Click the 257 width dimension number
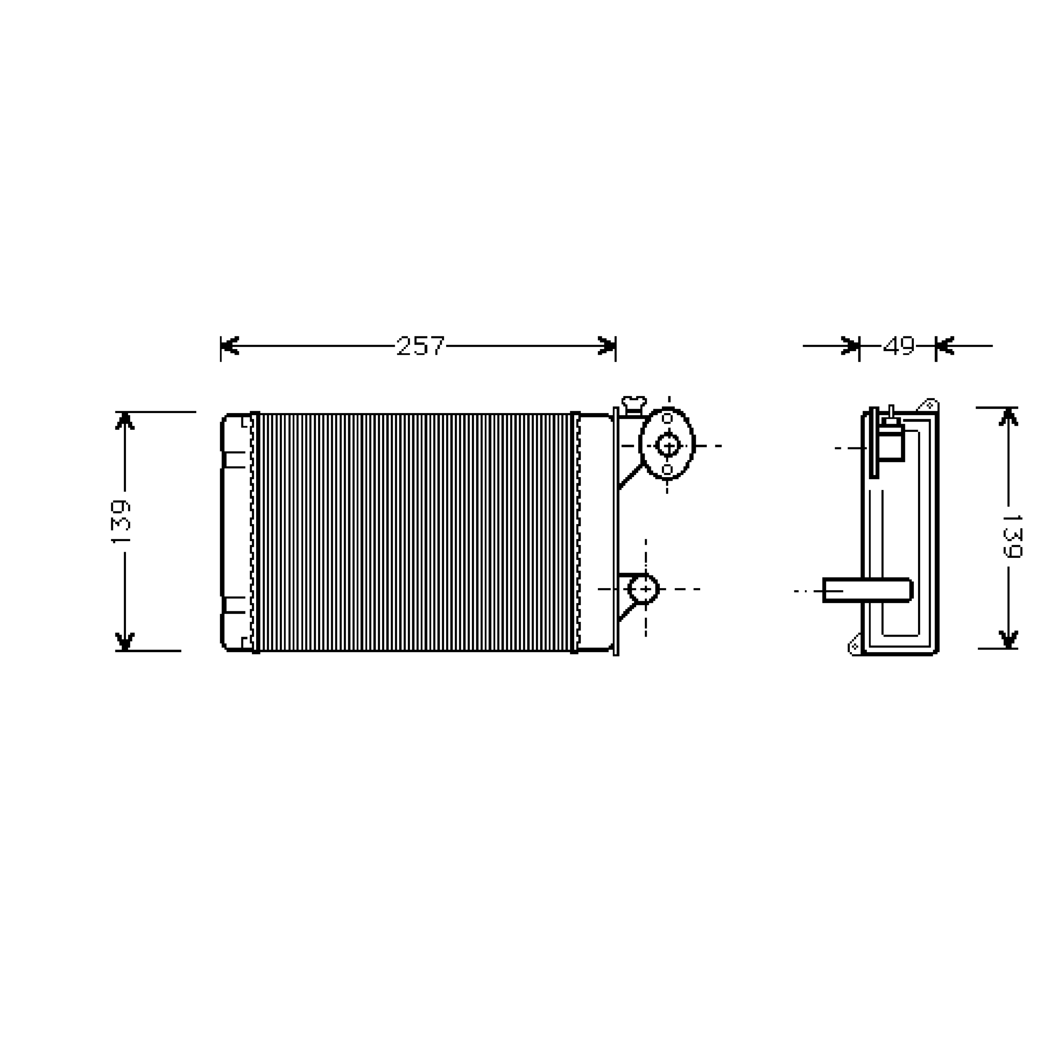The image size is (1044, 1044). pos(420,346)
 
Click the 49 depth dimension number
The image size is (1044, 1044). pos(899,346)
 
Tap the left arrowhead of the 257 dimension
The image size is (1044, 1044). pos(230,346)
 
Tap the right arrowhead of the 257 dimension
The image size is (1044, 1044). pos(607,346)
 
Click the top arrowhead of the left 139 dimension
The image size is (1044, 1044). pos(125,421)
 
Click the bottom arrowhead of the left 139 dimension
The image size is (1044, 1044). pos(125,641)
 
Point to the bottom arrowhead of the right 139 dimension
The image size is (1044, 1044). pos(1009,639)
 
